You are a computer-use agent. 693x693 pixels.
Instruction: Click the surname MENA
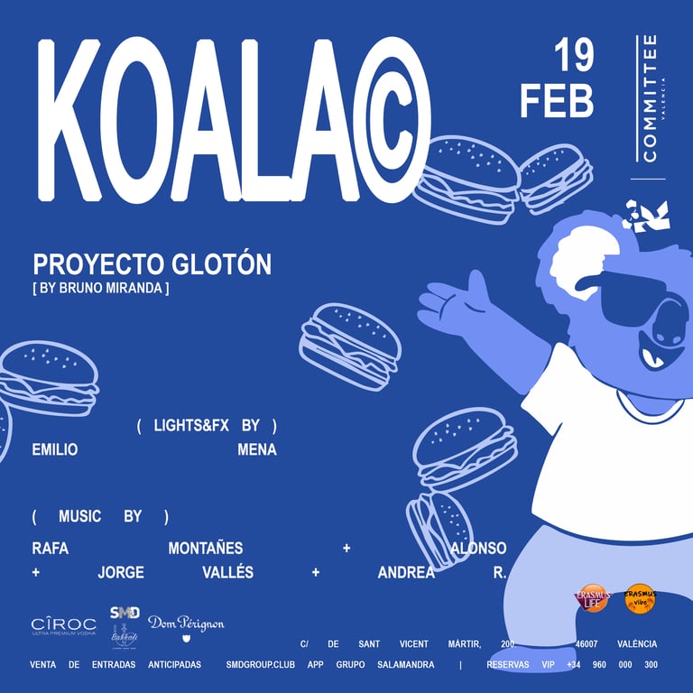pos(257,449)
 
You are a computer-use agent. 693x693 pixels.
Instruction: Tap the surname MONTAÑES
pos(206,549)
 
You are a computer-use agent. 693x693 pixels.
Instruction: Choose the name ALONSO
pos(478,549)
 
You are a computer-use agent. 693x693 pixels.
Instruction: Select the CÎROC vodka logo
pos(63,625)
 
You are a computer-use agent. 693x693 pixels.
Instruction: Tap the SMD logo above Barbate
pos(125,612)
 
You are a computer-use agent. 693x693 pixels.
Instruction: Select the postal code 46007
pos(561,644)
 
